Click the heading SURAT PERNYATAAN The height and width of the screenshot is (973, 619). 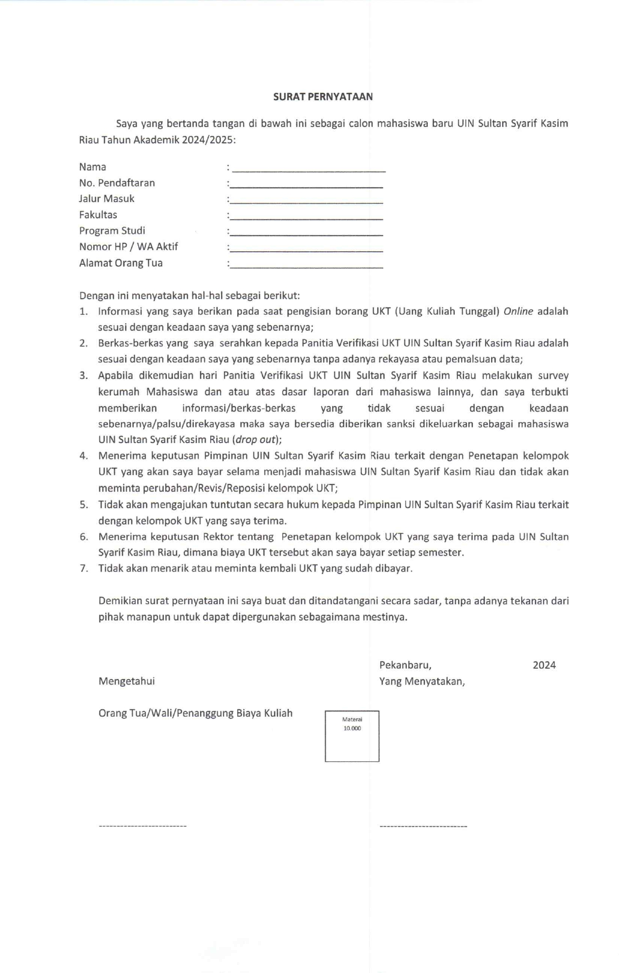tap(322, 97)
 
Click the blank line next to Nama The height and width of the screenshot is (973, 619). tap(309, 170)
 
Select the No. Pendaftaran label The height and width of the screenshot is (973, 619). tap(117, 183)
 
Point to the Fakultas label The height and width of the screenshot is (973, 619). tap(98, 215)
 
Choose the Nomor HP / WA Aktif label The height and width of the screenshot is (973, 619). tap(128, 247)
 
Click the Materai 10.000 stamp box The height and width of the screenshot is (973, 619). tap(352, 736)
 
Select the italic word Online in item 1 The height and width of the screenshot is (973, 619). tap(518, 311)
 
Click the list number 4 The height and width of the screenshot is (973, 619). tap(84, 456)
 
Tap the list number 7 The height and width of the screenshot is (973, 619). tap(84, 568)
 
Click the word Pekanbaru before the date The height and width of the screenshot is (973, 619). tap(405, 665)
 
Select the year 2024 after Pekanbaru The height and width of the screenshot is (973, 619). tap(544, 665)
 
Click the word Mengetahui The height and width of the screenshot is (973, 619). tap(126, 681)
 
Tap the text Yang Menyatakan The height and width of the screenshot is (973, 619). tap(422, 681)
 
